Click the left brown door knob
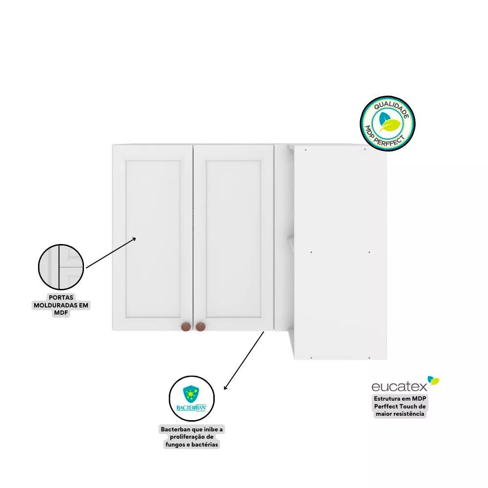(186, 327)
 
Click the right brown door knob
(201, 327)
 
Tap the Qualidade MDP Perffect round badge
(387, 123)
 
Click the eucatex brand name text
(400, 386)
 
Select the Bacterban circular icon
(192, 399)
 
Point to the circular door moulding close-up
(61, 267)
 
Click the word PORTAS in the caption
(61, 298)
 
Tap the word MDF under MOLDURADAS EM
(61, 313)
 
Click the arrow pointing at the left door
(111, 252)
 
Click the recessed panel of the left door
(153, 239)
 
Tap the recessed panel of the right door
(233, 239)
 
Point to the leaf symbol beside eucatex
(433, 380)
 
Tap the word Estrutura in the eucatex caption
(387, 399)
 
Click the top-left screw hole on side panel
(305, 150)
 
